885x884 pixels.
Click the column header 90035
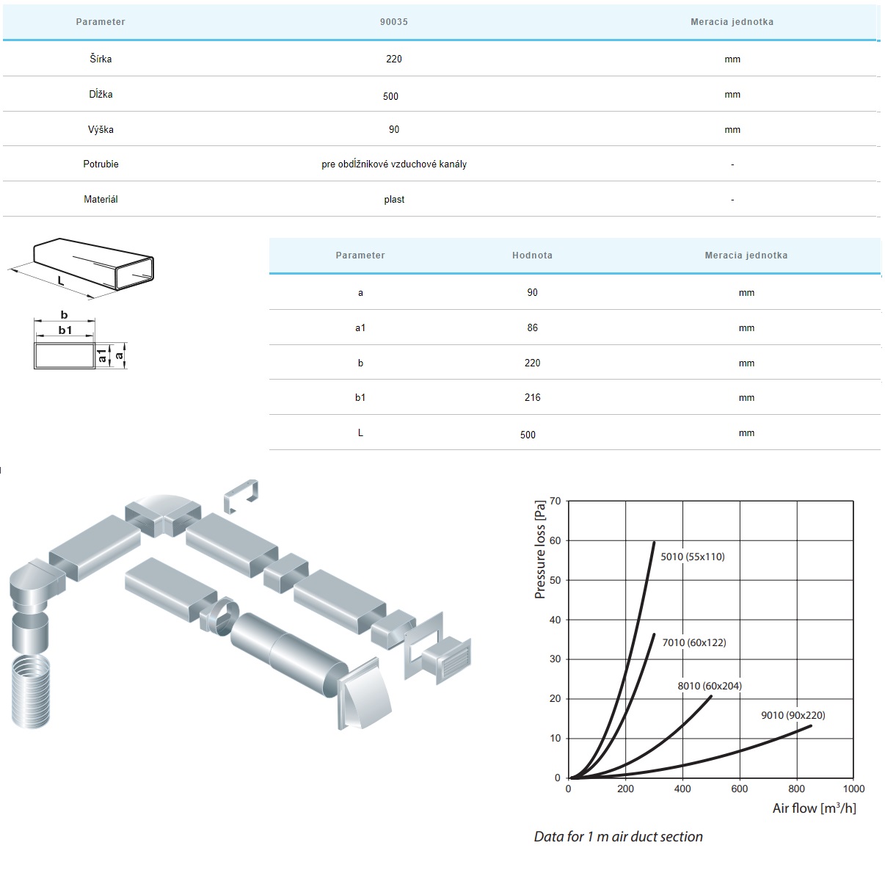point(393,21)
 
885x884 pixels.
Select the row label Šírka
point(101,59)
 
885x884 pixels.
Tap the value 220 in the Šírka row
point(393,59)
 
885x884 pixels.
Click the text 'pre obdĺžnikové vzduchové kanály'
point(393,164)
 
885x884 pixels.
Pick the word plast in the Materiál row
point(394,199)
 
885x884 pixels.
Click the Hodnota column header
point(532,255)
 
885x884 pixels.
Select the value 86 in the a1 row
point(532,327)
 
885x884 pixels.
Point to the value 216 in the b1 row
point(532,397)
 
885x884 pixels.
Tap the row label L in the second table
point(360,432)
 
